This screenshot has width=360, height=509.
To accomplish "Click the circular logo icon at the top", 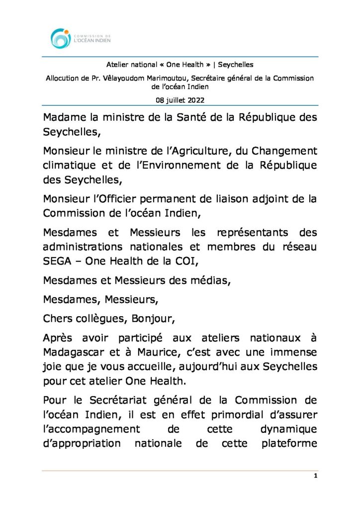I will [x=61, y=38].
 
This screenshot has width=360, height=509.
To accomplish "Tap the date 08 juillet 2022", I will [x=180, y=100].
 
